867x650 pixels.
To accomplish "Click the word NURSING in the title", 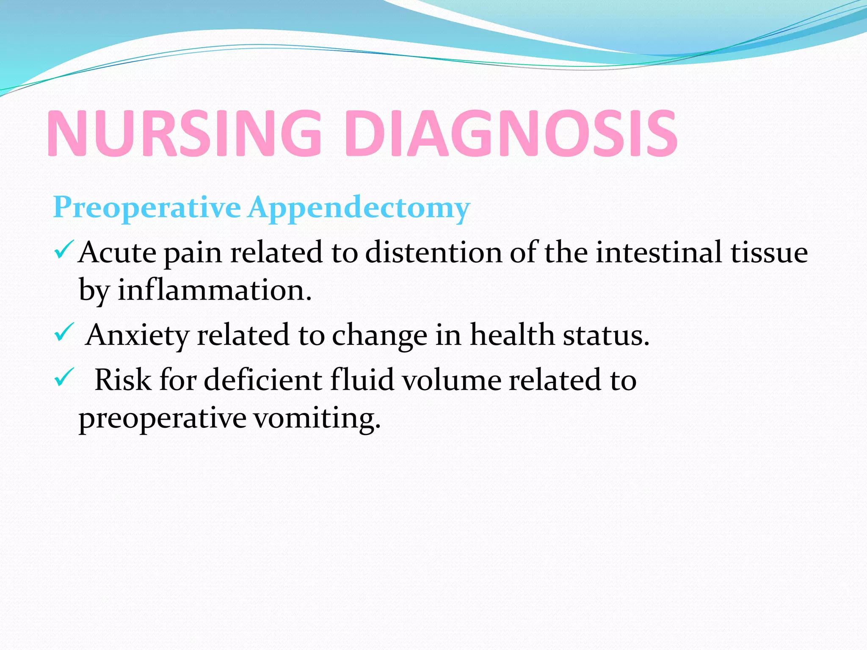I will click(x=184, y=133).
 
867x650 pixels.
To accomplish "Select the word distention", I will click(x=433, y=252).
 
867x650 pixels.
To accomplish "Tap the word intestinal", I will click(x=659, y=252).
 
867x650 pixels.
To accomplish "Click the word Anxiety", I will click(x=137, y=336).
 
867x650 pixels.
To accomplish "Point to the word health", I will click(x=512, y=335).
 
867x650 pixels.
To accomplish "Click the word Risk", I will click(x=123, y=380).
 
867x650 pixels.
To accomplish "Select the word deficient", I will click(x=263, y=380).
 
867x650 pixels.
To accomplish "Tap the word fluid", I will click(x=362, y=380).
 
